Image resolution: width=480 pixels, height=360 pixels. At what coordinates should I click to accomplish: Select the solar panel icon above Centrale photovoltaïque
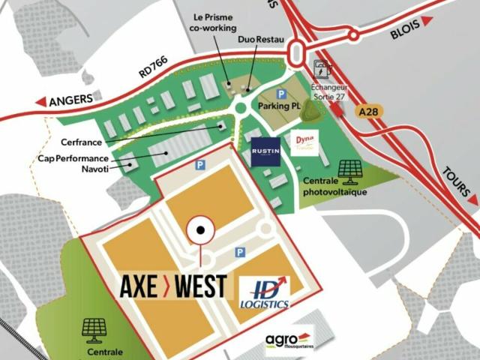pos(349,170)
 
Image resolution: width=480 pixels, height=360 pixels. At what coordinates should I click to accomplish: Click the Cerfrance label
pos(82,141)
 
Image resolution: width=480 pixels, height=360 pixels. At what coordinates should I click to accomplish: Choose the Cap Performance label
pos(73,159)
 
